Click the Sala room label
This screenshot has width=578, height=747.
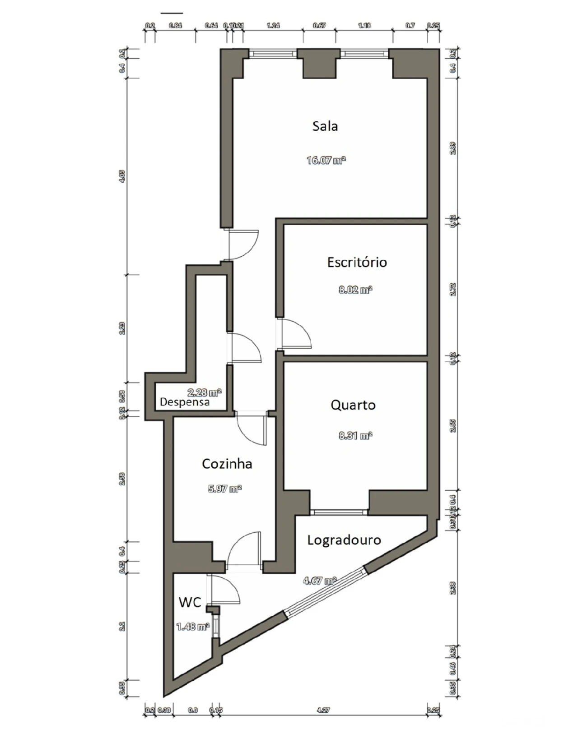click(325, 126)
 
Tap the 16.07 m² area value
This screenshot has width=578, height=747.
click(326, 160)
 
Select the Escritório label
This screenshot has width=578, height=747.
click(357, 263)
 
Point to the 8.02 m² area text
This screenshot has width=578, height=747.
click(355, 290)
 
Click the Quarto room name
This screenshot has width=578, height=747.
click(353, 405)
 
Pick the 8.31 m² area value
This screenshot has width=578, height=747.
click(355, 436)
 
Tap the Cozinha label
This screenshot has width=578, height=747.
click(227, 464)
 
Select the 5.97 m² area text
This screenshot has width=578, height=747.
click(224, 489)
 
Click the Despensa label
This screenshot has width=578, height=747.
click(185, 402)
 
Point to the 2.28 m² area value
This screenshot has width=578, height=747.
click(204, 392)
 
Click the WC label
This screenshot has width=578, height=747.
click(189, 602)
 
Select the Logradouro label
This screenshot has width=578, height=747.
click(344, 540)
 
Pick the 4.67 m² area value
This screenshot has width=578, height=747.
click(320, 581)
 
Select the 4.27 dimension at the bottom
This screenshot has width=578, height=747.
click(323, 710)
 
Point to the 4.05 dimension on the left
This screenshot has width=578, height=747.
click(121, 176)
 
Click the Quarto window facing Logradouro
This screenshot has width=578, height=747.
click(339, 512)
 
